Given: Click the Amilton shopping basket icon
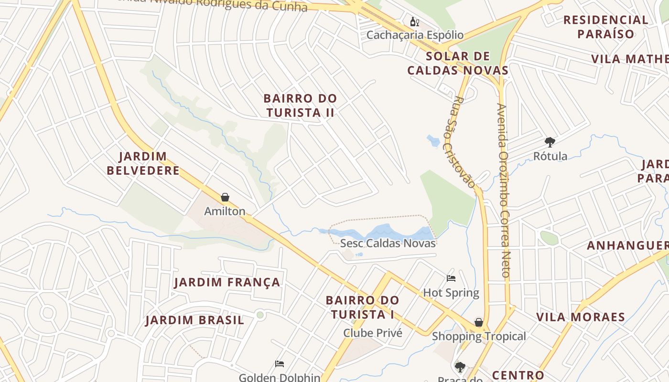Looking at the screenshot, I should (225, 197).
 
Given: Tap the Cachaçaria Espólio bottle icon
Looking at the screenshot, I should (414, 21).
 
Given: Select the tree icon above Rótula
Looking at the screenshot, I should (550, 142).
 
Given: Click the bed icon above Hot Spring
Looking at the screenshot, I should (451, 278).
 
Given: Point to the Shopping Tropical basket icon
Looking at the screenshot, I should (478, 322).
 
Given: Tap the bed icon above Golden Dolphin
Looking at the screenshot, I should (280, 364).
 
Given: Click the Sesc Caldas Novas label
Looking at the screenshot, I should (388, 243).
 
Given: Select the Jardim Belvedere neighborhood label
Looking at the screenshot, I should (143, 163).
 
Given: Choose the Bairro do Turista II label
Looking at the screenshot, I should (300, 106).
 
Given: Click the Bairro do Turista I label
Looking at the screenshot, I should (362, 308).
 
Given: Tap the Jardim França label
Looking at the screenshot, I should (227, 282).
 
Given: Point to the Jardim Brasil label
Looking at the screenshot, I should (195, 320).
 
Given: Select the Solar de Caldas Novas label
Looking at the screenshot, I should (458, 63).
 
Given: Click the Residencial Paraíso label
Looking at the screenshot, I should (605, 27).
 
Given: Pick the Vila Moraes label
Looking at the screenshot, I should (580, 317).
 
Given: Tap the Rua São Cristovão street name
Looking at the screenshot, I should (464, 142).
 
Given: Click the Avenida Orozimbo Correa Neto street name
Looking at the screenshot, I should (503, 191).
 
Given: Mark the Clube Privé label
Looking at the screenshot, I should (373, 333).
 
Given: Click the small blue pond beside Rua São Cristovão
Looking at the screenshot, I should (433, 140).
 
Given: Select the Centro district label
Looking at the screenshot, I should (518, 375).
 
